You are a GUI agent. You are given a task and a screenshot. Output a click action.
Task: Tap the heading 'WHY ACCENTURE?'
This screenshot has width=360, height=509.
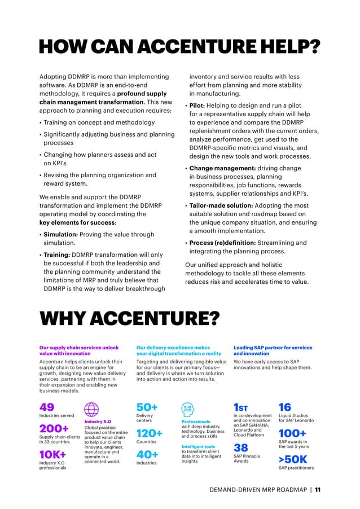pyautogui.click(x=129, y=319)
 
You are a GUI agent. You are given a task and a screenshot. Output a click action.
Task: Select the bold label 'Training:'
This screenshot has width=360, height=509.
pyautogui.click(x=56, y=254)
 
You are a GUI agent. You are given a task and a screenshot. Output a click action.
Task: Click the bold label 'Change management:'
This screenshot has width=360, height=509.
pyautogui.click(x=222, y=168)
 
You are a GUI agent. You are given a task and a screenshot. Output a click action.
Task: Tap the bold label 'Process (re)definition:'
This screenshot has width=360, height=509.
pyautogui.click(x=222, y=243)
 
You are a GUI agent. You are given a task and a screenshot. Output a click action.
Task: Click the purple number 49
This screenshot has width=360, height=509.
pyautogui.click(x=47, y=407)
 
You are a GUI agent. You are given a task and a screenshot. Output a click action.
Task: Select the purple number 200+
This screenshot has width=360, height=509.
pyautogui.click(x=54, y=429)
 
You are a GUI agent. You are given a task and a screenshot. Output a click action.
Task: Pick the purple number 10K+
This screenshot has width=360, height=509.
pyautogui.click(x=53, y=454)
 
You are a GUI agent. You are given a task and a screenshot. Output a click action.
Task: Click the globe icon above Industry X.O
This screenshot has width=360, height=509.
pyautogui.click(x=91, y=410)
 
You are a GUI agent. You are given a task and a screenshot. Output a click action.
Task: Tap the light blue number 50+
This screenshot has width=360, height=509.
pyautogui.click(x=147, y=407)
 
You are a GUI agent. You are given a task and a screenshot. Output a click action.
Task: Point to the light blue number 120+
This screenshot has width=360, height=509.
pyautogui.click(x=150, y=433)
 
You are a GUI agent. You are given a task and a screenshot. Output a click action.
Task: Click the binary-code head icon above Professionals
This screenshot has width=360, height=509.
pyautogui.click(x=188, y=410)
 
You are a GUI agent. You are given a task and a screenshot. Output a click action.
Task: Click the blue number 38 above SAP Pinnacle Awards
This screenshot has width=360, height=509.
pyautogui.click(x=240, y=447)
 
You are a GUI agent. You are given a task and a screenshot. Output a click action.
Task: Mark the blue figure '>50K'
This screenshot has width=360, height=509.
pyautogui.click(x=293, y=459)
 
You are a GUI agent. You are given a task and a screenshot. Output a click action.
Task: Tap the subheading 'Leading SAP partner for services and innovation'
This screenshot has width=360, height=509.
pyautogui.click(x=273, y=350)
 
